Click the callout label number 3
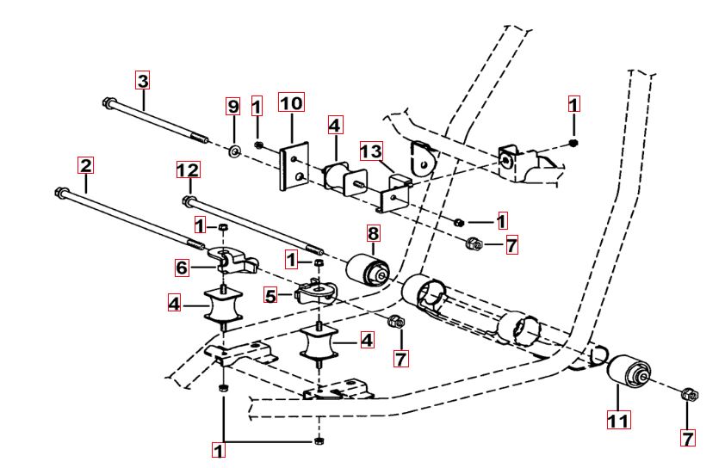pos(143,82)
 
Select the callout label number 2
pos(84,163)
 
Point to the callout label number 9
pos(232,107)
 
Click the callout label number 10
pos(292,104)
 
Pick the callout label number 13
pos(371,151)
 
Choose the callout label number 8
pos(373,232)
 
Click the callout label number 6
pos(183,268)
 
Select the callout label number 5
pos(270,295)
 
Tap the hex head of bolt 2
pos(60,192)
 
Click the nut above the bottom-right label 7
pos(689,397)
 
